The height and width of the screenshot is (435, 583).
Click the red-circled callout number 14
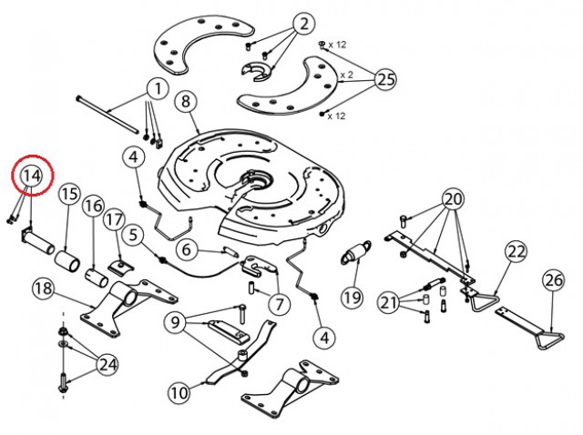[32, 176]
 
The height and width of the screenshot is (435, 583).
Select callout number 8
[186, 101]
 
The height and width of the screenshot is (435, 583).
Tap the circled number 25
[385, 79]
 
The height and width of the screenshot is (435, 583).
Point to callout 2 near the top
[304, 24]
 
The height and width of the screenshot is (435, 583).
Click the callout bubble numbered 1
[159, 89]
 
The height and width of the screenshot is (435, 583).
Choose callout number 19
[353, 298]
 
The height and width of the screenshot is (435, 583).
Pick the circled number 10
[179, 392]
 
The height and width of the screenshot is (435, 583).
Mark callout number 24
[108, 365]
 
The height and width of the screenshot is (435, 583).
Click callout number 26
[554, 280]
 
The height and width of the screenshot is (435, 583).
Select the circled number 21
[389, 302]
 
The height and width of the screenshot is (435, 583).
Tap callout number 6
[188, 249]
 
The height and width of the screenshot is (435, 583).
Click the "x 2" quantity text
[346, 75]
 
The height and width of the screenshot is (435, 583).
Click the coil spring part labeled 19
[356, 253]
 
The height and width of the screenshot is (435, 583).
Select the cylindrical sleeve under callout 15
[66, 261]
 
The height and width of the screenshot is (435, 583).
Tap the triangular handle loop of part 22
[486, 302]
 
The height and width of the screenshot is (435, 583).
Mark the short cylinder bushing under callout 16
[97, 278]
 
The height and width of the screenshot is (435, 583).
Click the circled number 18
[44, 288]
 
